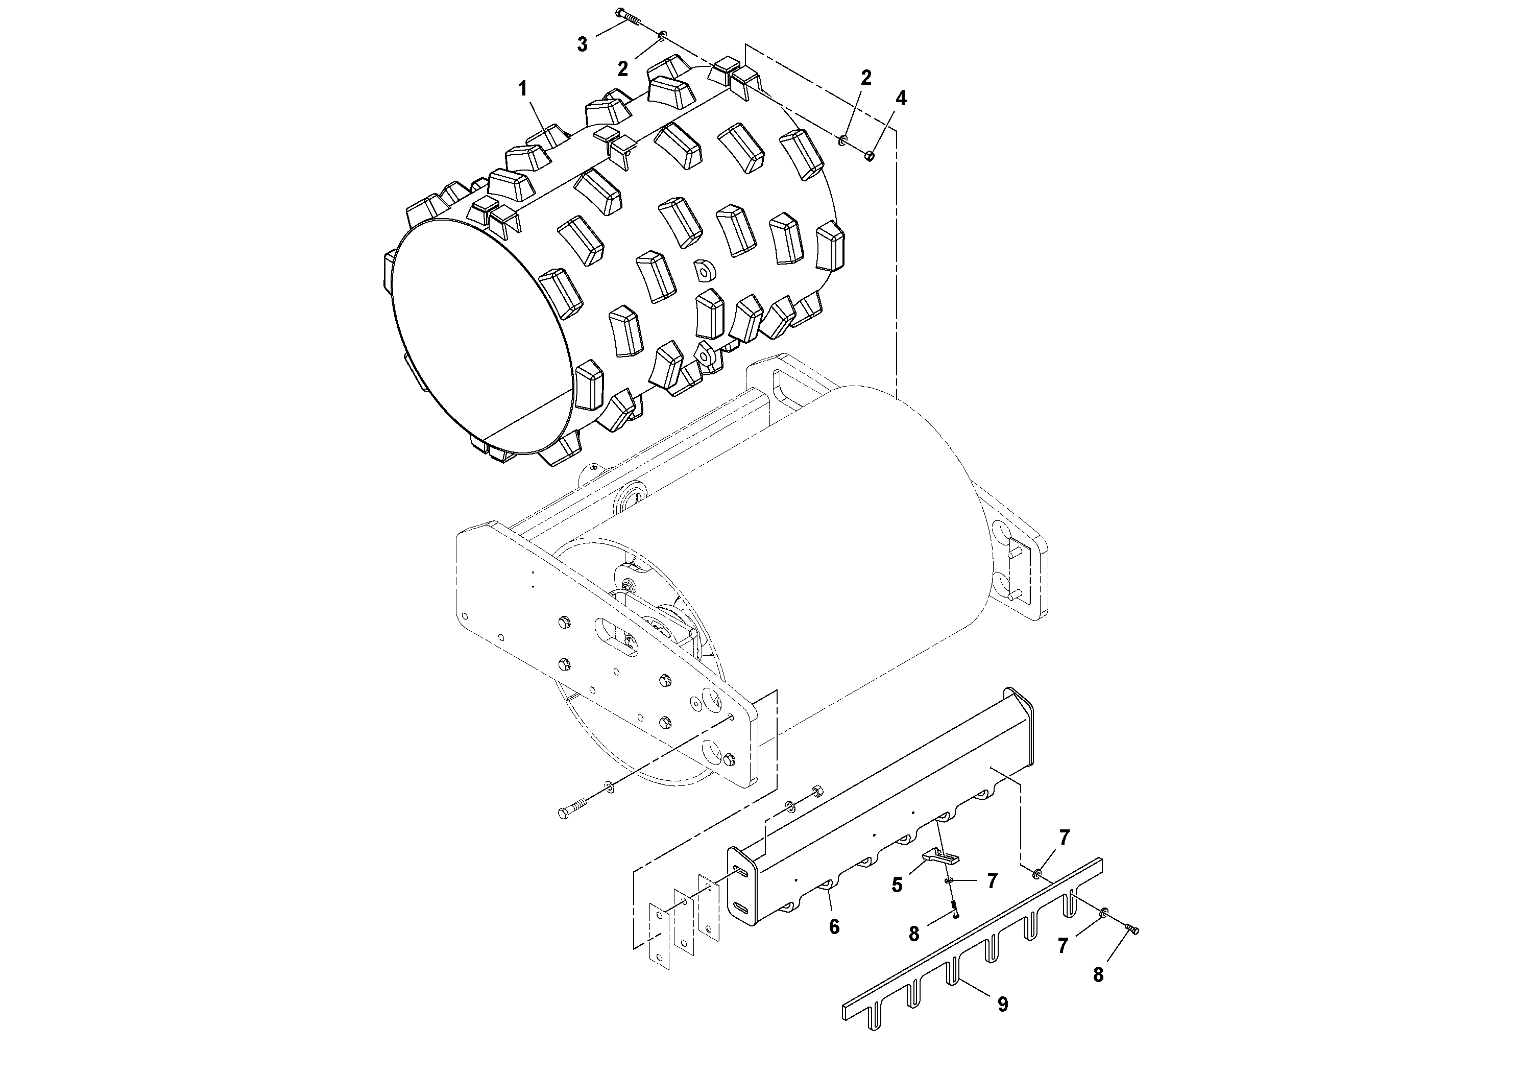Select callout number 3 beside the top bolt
click(582, 45)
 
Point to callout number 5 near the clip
click(897, 885)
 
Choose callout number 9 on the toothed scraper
click(1002, 1005)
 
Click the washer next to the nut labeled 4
click(843, 140)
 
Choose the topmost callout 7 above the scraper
click(1064, 838)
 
